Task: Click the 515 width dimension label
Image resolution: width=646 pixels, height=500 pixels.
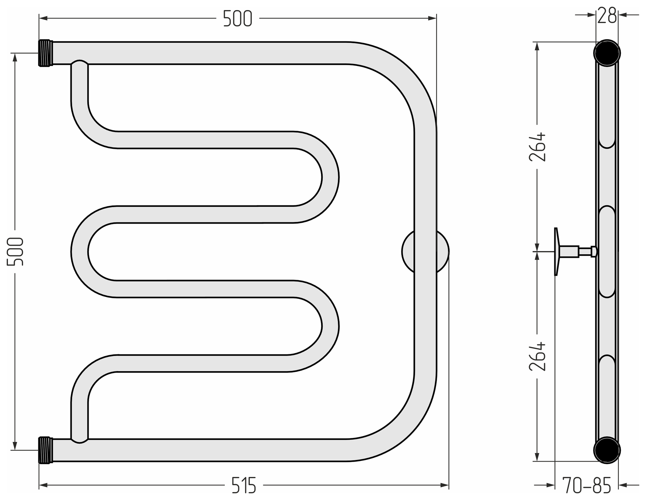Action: point(244,485)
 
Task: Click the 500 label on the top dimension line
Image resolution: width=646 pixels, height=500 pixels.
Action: point(238,18)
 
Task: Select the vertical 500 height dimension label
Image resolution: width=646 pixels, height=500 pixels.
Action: point(15,252)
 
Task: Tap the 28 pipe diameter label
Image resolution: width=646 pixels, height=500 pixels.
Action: point(607,15)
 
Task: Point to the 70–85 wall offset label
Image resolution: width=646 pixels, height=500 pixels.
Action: point(587,486)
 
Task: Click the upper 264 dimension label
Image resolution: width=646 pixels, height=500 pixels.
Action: point(537,147)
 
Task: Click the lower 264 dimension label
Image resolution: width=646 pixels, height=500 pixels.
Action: point(537,357)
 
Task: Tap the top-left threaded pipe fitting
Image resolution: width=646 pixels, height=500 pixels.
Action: point(46,53)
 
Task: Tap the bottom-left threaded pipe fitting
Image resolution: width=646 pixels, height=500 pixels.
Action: point(46,450)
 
